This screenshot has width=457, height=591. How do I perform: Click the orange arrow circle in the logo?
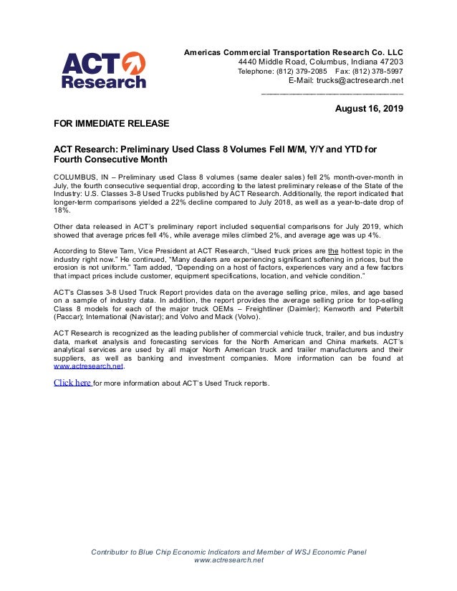click(x=134, y=64)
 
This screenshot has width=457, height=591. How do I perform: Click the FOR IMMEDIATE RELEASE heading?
click(x=111, y=124)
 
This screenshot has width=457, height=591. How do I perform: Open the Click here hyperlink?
click(x=72, y=382)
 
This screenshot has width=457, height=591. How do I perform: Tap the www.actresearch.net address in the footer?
click(x=228, y=560)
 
